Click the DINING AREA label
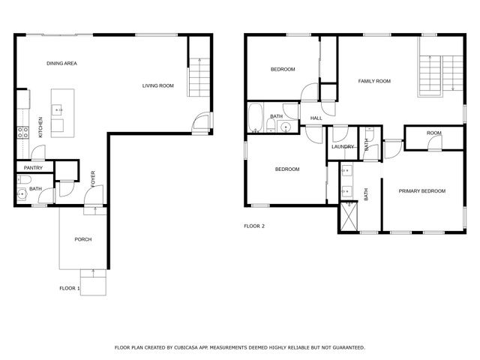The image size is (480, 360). click(61, 64)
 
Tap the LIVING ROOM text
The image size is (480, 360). click(157, 86)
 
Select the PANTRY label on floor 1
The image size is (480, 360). click(33, 167)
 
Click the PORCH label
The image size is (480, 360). click(82, 239)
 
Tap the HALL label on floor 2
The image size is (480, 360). click(316, 118)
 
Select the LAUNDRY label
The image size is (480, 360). click(343, 147)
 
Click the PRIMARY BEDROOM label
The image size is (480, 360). click(421, 191)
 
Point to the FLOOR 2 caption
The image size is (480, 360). click(254, 226)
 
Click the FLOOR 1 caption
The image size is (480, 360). click(70, 287)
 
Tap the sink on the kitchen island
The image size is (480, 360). click(58, 109)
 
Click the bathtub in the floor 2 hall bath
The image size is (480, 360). click(255, 117)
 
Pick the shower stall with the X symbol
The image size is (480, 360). click(349, 217)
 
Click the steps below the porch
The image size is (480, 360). click(94, 284)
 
